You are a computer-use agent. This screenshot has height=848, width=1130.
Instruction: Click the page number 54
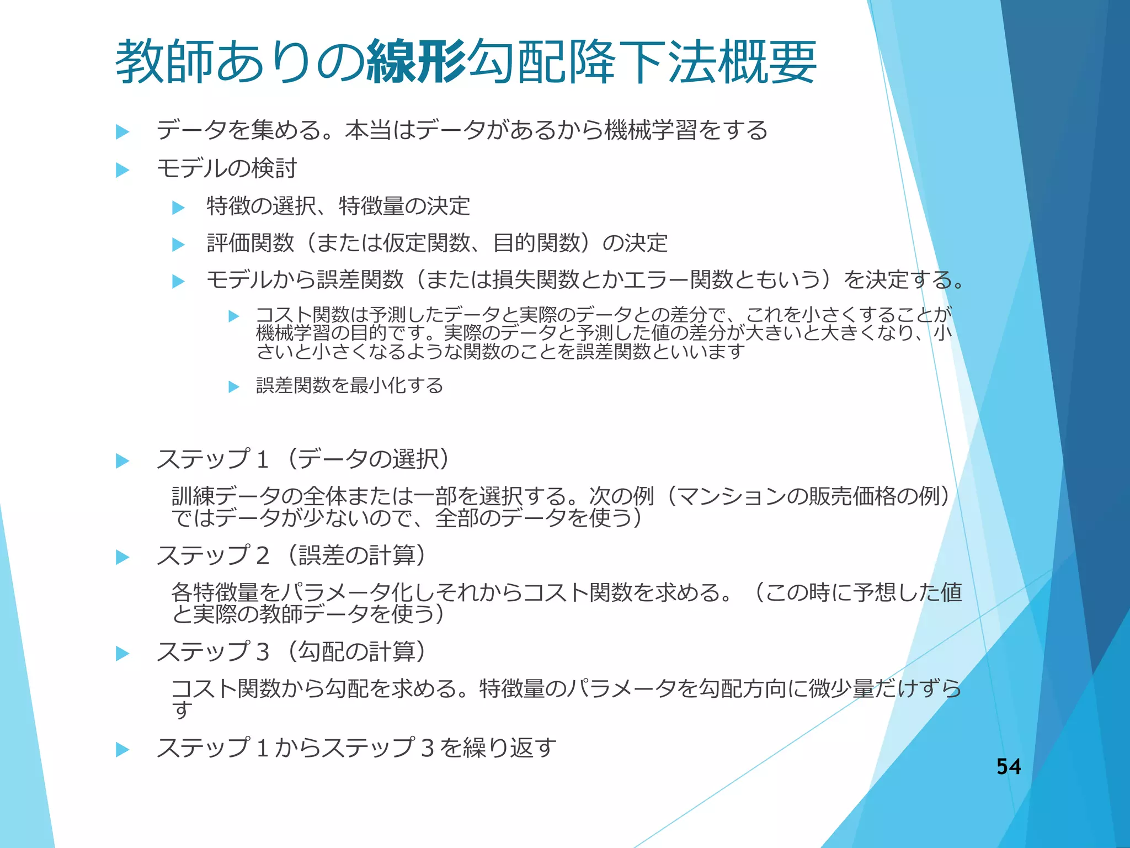[1008, 766]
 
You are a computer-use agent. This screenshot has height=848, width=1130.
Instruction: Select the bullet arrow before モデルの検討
[122, 169]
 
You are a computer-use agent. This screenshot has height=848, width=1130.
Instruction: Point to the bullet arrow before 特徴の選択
[178, 207]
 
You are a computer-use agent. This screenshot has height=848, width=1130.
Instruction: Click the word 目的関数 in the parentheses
[536, 243]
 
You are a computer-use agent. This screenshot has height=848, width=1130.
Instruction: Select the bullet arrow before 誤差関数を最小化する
[234, 386]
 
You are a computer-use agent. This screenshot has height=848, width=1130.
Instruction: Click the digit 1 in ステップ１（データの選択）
[263, 460]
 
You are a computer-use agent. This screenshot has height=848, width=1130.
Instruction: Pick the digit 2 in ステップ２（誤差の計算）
[263, 556]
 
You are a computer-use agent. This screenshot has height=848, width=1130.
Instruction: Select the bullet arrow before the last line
[122, 750]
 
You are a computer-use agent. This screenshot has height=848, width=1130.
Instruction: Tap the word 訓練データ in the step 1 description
[226, 496]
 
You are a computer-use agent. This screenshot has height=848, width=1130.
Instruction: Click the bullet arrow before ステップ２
[122, 557]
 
